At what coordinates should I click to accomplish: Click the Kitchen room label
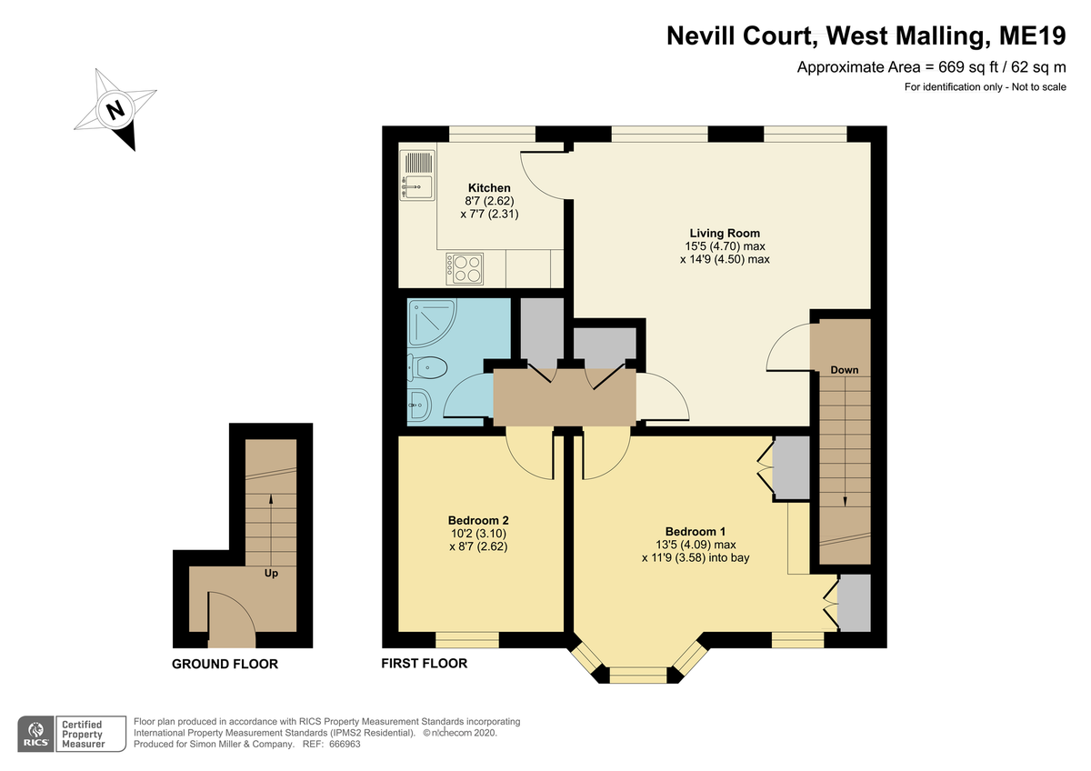489,188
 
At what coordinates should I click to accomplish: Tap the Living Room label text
725,234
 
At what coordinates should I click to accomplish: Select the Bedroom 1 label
695,531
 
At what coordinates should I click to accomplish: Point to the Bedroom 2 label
478,520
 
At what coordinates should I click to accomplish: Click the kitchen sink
417,175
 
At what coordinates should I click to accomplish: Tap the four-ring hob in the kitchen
465,268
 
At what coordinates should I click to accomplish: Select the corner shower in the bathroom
432,323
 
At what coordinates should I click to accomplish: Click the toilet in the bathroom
427,367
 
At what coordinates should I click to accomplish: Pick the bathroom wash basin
419,405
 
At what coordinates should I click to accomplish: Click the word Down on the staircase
844,370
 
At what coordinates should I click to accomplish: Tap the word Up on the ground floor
271,574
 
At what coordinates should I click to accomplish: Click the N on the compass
115,110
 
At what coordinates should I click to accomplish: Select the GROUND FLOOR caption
225,664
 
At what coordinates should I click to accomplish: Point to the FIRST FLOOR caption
425,664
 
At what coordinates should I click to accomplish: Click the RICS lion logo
36,735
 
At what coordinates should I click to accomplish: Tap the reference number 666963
345,745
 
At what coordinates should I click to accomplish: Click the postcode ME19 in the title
1032,35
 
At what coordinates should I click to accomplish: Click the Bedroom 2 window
467,640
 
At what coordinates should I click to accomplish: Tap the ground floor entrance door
231,619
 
